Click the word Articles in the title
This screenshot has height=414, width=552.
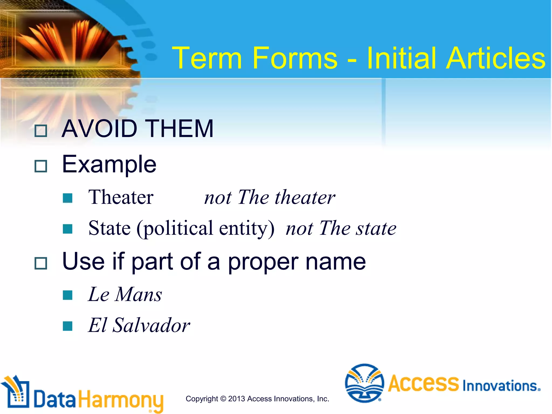(x=495, y=58)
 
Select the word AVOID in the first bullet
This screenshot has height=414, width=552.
(x=99, y=129)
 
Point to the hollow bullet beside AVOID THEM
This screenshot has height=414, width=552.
(x=41, y=131)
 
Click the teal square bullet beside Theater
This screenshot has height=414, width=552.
(x=67, y=198)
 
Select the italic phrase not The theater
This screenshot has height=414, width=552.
(x=270, y=197)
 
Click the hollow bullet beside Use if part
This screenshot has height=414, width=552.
(x=41, y=263)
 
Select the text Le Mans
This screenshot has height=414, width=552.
(x=125, y=294)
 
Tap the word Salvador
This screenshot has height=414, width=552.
(x=151, y=325)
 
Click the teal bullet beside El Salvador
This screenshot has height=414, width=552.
(x=67, y=326)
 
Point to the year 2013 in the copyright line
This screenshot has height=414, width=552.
(x=236, y=399)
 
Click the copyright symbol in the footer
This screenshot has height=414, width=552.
(x=223, y=399)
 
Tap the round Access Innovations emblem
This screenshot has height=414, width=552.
(x=364, y=383)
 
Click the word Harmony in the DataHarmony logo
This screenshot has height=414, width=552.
(x=121, y=400)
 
